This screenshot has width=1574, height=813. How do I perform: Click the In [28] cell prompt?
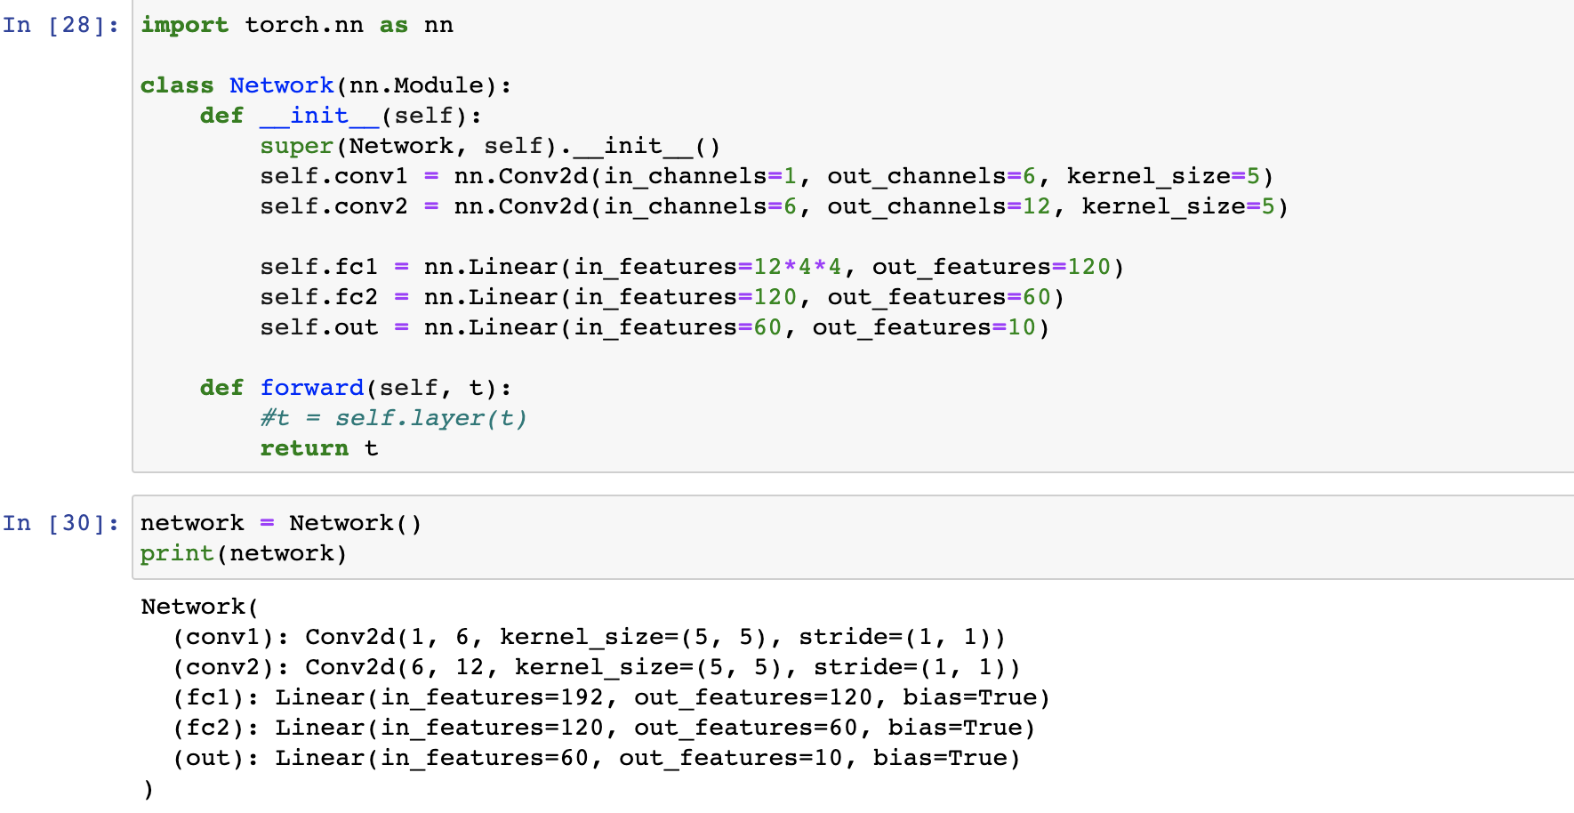60,25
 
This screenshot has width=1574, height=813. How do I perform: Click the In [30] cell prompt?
60,523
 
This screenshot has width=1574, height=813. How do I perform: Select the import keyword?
184,25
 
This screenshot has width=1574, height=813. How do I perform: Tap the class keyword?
177,85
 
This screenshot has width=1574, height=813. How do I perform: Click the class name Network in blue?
281,85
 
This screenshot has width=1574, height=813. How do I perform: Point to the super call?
296,146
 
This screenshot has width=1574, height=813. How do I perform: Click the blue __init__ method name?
319,116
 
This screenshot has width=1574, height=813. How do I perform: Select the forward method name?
311,388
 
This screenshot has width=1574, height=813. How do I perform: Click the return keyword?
303,448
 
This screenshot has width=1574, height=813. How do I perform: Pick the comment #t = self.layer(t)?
393,418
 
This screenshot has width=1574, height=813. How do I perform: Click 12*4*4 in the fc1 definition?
797,267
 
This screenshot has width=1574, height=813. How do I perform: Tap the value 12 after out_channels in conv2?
1036,206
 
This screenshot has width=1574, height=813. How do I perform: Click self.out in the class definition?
318,327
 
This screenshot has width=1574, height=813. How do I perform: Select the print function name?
177,553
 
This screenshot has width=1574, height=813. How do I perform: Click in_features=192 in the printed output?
492,697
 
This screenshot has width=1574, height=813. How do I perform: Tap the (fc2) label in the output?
214,728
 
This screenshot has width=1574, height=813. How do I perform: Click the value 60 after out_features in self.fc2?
1036,297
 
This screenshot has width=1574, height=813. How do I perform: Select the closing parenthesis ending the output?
148,789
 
